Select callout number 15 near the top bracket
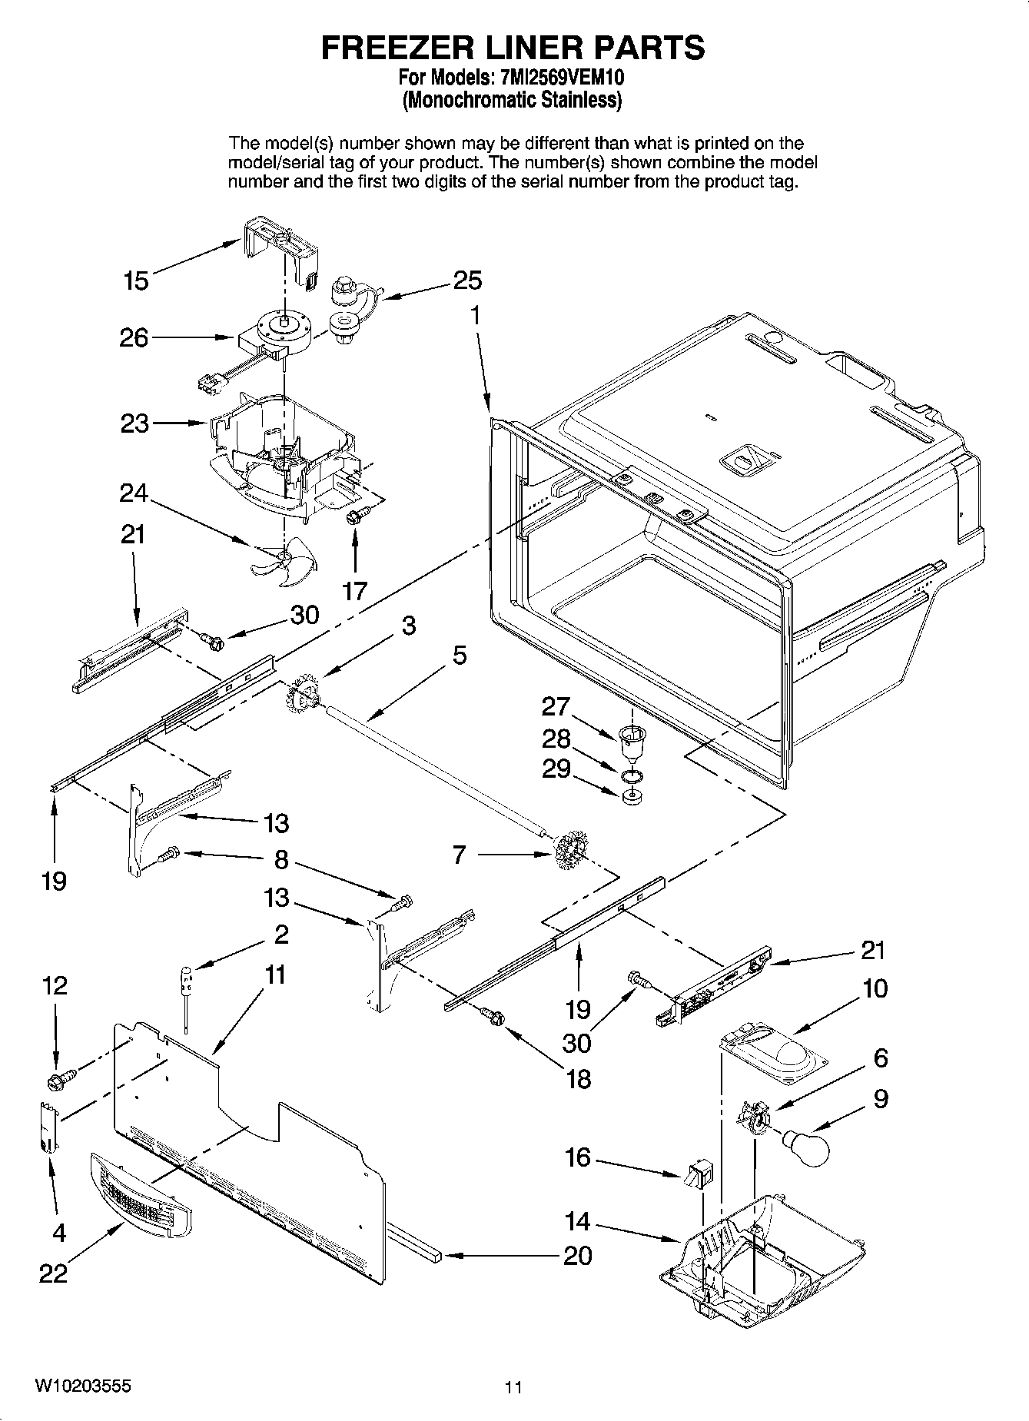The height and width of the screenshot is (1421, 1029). [x=136, y=281]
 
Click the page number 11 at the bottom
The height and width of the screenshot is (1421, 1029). [x=513, y=1387]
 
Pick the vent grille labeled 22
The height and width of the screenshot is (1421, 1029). [x=140, y=1197]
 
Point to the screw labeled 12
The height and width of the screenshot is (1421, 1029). [x=59, y=1081]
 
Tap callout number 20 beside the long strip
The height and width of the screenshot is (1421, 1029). [x=577, y=1256]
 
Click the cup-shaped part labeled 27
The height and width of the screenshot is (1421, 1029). [x=631, y=741]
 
